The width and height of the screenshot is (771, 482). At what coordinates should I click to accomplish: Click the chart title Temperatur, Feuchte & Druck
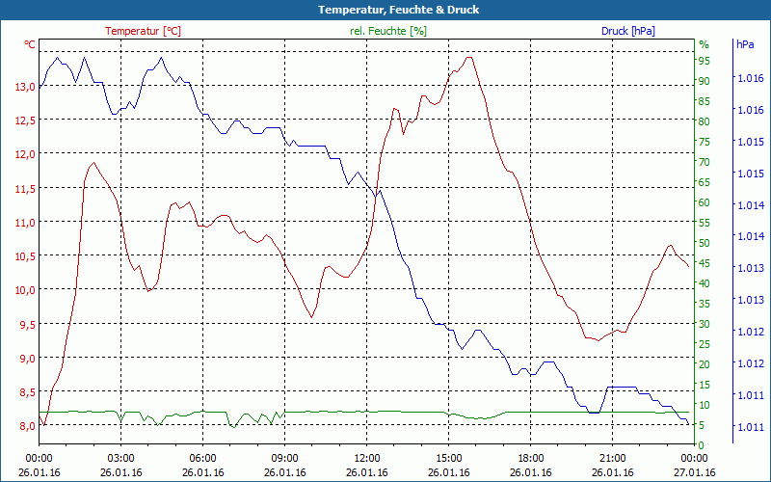pyautogui.click(x=385, y=10)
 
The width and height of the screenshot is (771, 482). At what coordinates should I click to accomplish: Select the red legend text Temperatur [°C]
pyautogui.click(x=143, y=31)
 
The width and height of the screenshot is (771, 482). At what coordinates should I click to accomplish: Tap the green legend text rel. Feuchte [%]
pyautogui.click(x=388, y=31)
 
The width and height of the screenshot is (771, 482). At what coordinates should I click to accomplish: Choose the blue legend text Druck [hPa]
pyautogui.click(x=628, y=31)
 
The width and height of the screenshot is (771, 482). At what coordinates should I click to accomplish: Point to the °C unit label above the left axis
pyautogui.click(x=30, y=44)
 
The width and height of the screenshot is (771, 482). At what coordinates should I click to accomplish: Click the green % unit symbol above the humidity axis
pyautogui.click(x=704, y=44)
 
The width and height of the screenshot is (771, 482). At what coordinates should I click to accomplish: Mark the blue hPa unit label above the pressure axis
pyautogui.click(x=745, y=44)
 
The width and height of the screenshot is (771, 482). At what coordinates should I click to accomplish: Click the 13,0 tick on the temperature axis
pyautogui.click(x=24, y=87)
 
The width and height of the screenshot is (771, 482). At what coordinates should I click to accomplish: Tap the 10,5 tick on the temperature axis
pyautogui.click(x=24, y=255)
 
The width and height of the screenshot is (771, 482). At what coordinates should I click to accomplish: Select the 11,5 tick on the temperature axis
pyautogui.click(x=24, y=188)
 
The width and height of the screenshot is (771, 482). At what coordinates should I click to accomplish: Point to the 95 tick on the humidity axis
pyautogui.click(x=705, y=61)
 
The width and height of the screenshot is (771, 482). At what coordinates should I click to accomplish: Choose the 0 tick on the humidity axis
pyautogui.click(x=702, y=444)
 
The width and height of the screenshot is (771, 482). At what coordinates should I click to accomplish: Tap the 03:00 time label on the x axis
pyautogui.click(x=120, y=459)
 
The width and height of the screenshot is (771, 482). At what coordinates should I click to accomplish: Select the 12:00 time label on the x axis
pyautogui.click(x=367, y=459)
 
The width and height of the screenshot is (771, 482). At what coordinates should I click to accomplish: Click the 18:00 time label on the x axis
pyautogui.click(x=531, y=459)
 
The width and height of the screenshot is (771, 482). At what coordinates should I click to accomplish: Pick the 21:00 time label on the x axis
pyautogui.click(x=613, y=459)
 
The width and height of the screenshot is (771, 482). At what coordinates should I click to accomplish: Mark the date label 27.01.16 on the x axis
pyautogui.click(x=695, y=472)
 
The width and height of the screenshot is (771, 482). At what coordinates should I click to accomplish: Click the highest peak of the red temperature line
pyautogui.click(x=469, y=58)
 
